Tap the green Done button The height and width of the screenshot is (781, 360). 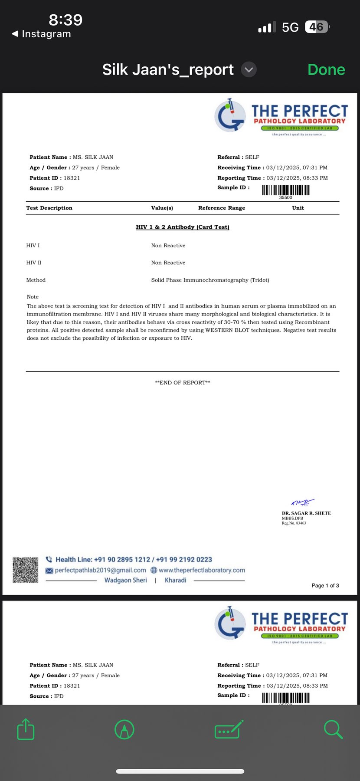(326, 70)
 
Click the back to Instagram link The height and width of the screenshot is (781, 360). (42, 34)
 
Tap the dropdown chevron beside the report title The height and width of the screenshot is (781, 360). (249, 70)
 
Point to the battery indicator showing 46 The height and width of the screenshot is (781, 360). (317, 27)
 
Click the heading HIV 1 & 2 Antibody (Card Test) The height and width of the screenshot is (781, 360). (183, 227)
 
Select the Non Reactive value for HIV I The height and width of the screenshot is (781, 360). (168, 246)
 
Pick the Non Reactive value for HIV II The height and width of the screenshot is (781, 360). (168, 263)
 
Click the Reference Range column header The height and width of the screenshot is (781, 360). (222, 208)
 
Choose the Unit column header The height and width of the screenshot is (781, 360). (298, 208)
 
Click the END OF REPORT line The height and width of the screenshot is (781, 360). (183, 383)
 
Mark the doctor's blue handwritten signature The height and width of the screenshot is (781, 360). (302, 502)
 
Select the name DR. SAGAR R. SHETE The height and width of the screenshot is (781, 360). (306, 513)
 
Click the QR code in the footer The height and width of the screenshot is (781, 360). (26, 570)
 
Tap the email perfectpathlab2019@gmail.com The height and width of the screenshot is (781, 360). (100, 570)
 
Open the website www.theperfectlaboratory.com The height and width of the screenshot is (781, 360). (202, 570)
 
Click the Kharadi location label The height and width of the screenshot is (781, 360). (176, 580)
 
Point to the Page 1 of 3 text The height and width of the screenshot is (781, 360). (325, 586)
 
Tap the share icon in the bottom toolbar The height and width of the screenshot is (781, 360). (26, 729)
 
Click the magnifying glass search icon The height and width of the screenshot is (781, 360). (333, 729)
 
